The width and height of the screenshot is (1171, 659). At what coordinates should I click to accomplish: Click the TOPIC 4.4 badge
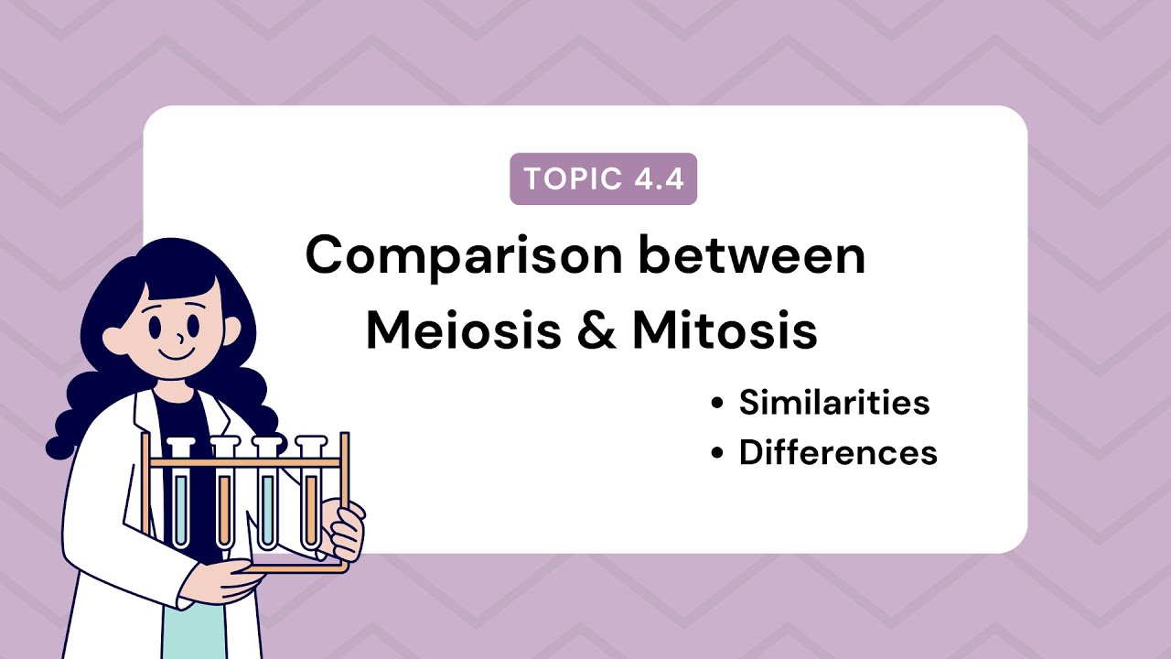pyautogui.click(x=603, y=179)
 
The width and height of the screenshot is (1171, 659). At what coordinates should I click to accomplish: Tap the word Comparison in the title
pyautogui.click(x=465, y=255)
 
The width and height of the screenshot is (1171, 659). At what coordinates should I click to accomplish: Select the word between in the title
pyautogui.click(x=752, y=255)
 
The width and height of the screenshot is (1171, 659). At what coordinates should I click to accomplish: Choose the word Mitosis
pyautogui.click(x=725, y=330)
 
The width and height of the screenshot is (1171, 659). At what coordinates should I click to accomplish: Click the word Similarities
pyautogui.click(x=834, y=403)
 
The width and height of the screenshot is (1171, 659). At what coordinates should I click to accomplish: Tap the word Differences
pyautogui.click(x=838, y=453)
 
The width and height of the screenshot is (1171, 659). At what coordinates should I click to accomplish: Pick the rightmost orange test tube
pyautogui.click(x=311, y=503)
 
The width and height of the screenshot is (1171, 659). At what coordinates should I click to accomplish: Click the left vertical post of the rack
pyautogui.click(x=145, y=494)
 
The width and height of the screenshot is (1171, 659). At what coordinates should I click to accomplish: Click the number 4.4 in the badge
pyautogui.click(x=658, y=179)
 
